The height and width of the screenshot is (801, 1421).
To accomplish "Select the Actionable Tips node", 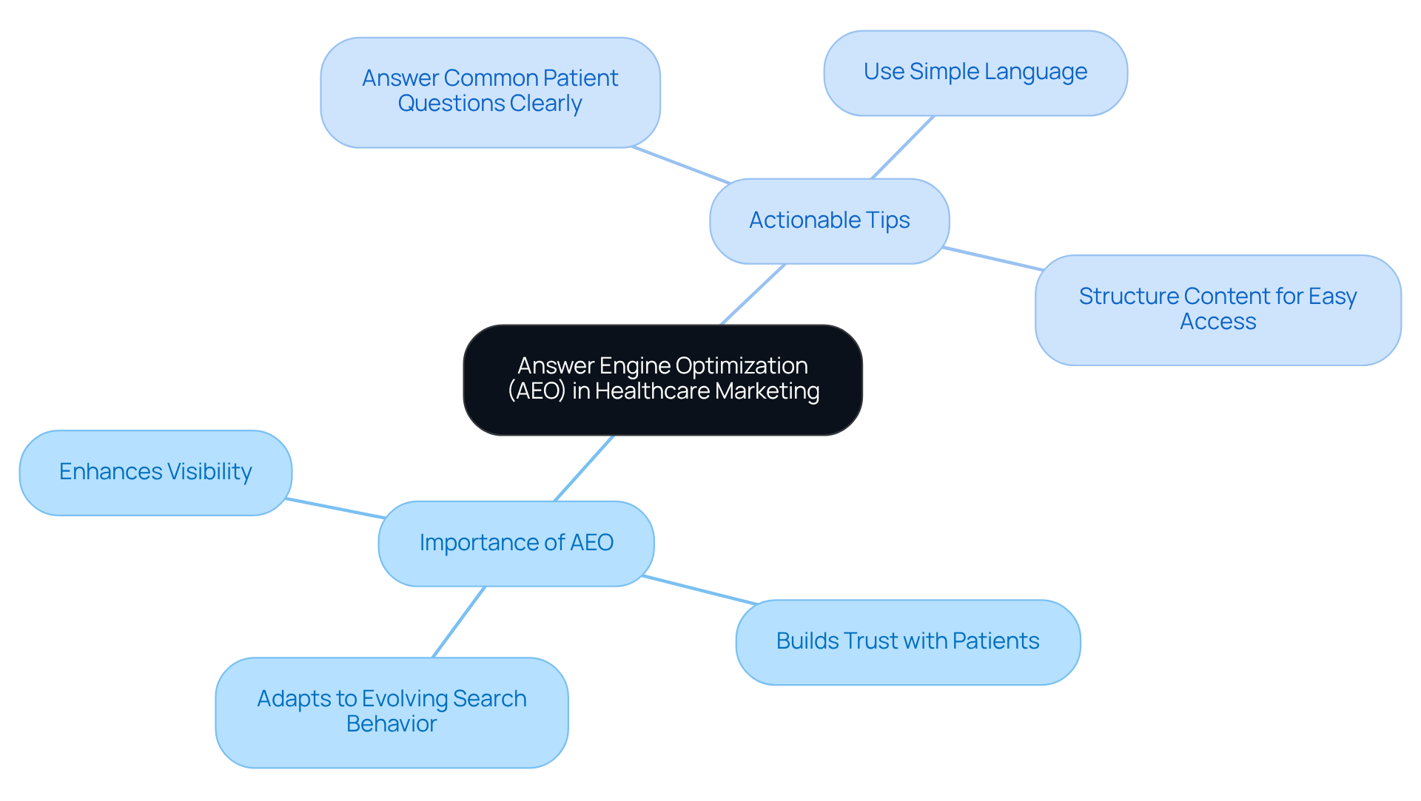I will (829, 220).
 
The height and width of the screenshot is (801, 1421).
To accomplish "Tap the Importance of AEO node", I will (516, 543).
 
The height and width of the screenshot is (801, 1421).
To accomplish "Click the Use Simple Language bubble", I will (975, 72).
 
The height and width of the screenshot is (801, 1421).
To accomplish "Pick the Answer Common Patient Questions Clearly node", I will (489, 92).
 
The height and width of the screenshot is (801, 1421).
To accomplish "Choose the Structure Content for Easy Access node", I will (1217, 309).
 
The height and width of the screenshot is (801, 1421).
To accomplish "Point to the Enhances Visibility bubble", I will (155, 472).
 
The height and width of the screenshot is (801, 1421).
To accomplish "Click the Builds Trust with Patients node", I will (907, 641).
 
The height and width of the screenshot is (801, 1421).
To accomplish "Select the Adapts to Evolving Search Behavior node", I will (392, 712).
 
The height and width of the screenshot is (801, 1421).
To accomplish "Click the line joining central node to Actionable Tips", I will (753, 294).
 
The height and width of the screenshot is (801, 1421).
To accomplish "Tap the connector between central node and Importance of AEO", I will (584, 468).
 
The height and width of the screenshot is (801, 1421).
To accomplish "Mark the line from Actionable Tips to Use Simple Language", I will (903, 147).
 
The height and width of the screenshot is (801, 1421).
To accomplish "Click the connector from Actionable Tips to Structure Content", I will (993, 259).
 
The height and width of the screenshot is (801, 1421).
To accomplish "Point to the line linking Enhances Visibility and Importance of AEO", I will (335, 508).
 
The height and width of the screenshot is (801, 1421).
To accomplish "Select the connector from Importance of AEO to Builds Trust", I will (699, 589).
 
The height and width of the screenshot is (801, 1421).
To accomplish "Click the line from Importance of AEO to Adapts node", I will (459, 622).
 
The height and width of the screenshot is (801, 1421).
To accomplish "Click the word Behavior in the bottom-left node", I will (392, 724).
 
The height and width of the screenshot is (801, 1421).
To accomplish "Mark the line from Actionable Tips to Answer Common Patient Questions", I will (681, 165).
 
